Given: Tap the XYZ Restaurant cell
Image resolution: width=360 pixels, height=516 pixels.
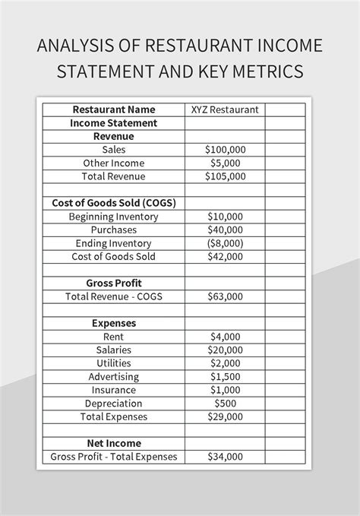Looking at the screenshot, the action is pos(225,109).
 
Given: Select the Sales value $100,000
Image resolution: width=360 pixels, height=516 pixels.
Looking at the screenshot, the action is pos(225,150).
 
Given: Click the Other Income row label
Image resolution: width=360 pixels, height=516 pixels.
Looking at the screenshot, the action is pos(114,163).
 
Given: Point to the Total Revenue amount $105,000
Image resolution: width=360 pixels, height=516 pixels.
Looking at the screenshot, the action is pos(225,176).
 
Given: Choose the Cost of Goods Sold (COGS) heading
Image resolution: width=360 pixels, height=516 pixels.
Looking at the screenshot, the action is pos(114,203).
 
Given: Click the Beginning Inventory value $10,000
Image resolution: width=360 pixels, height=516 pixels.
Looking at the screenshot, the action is pos(225,217).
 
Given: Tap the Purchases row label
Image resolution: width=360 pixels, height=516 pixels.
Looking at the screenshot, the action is pos(114,230).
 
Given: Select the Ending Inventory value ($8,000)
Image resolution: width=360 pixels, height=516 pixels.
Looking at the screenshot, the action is pos(225,243).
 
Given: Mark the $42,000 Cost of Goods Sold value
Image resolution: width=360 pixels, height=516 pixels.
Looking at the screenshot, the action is pos(225,256).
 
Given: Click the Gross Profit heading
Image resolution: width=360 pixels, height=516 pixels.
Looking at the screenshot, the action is pos(114,283).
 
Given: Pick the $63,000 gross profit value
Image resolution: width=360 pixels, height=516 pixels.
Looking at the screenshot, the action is pos(225,296).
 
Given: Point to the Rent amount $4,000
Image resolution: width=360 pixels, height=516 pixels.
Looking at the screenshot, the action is pos(225,336).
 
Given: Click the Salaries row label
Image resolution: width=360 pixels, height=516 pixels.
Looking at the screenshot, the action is pos(114,350).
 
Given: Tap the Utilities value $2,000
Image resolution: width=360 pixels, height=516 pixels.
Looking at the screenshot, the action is pos(225,363).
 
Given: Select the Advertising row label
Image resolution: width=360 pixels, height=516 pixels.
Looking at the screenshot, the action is pos(114,376).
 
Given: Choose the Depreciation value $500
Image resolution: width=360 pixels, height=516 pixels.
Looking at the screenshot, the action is pos(225,403).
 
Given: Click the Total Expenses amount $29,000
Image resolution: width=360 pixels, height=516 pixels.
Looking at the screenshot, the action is pos(225,416).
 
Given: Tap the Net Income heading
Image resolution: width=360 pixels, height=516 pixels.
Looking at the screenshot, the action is pos(114,443).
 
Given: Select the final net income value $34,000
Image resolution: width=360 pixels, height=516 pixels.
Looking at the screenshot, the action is pos(225,457).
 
